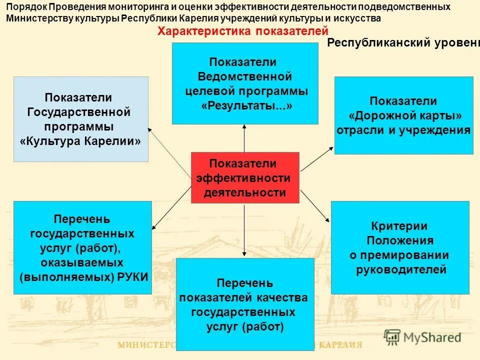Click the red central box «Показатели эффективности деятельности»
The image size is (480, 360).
245,177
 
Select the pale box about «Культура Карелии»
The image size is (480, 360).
80,119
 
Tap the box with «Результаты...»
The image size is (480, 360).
245,83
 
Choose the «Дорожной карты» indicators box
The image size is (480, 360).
403,115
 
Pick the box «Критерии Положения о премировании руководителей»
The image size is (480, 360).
400,247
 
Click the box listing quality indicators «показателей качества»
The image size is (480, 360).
245,304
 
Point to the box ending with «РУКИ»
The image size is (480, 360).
82,247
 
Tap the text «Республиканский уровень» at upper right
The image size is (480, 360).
403,42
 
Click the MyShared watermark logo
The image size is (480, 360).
422,337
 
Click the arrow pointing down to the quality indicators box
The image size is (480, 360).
244,230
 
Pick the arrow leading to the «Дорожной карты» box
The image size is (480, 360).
317,159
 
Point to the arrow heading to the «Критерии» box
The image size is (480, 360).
315,205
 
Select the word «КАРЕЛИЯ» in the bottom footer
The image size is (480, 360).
340,344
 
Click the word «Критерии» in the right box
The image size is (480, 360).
399,226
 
